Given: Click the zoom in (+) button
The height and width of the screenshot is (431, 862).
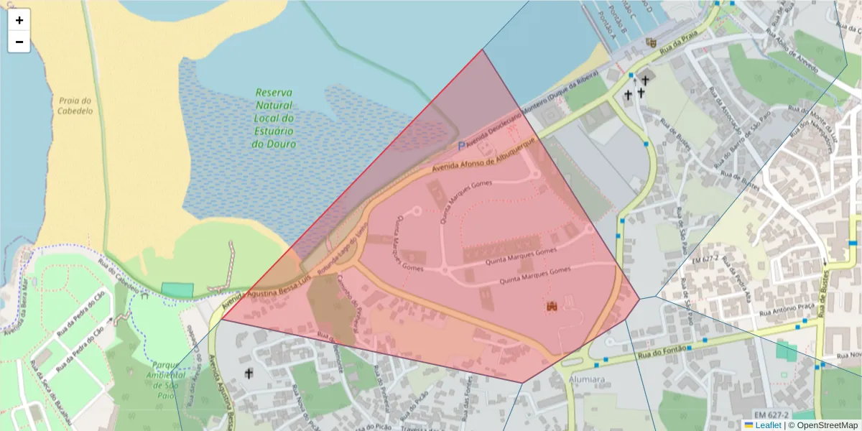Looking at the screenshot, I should click(x=19, y=20).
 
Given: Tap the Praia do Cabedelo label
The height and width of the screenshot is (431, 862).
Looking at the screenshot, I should click(x=75, y=106).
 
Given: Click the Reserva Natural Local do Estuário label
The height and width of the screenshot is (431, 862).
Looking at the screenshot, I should click(x=274, y=118).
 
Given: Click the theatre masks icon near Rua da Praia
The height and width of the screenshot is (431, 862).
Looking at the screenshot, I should click(x=651, y=43).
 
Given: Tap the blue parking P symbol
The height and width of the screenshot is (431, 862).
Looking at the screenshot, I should click(x=462, y=146).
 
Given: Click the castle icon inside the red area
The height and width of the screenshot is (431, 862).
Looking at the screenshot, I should click(x=552, y=307).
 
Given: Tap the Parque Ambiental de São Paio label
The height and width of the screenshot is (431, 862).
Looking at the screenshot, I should click(x=166, y=374).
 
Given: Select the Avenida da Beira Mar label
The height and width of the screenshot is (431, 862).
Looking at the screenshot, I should click(x=16, y=306).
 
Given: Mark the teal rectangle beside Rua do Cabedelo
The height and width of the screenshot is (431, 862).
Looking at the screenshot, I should click(x=177, y=289).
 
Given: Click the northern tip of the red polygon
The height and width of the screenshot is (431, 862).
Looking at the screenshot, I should click(x=483, y=50).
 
